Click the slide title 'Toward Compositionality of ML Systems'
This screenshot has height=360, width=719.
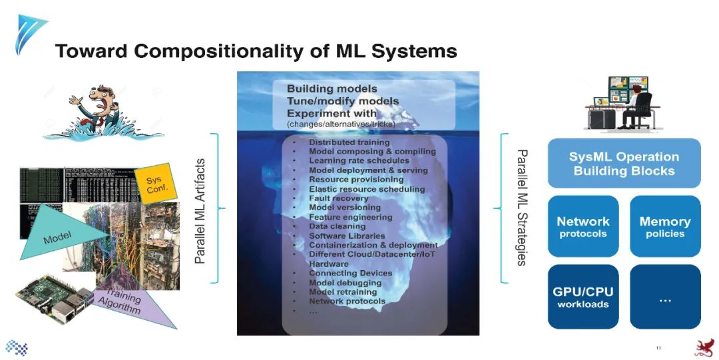pos(256,51)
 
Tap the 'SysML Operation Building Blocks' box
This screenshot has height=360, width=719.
pos(624,164)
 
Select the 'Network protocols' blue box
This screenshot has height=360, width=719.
pos(583,226)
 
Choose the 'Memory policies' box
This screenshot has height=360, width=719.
pos(665,226)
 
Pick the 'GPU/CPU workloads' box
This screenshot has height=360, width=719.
pos(583,297)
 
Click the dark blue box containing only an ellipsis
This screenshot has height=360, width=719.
pos(665,297)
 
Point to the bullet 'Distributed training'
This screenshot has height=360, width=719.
pos(349,142)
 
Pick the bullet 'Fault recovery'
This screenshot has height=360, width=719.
pos(338,198)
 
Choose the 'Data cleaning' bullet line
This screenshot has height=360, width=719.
pos(337,226)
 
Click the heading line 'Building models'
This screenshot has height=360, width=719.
pos(332,89)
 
